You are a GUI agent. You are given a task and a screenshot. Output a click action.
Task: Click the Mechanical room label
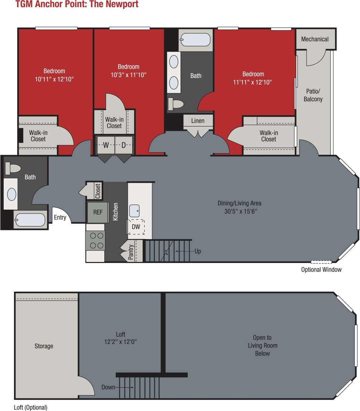[x=315, y=39]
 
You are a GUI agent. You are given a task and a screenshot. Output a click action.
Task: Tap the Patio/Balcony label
[x=313, y=95]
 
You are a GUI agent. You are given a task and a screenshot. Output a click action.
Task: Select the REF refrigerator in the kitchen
[x=98, y=212]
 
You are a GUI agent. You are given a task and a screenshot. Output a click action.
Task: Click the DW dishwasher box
[x=136, y=227]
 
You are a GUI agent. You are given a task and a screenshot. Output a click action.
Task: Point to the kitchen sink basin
[x=134, y=211]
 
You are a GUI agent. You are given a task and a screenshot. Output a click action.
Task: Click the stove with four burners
[x=95, y=240]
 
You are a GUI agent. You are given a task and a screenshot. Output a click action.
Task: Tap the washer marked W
[x=106, y=145]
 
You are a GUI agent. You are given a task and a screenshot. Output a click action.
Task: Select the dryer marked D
[x=124, y=145]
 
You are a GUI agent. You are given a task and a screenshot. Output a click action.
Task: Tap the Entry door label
[x=60, y=217]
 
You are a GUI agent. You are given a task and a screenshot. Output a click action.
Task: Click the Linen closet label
[x=198, y=121]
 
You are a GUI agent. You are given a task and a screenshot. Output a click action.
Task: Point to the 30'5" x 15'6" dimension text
[x=239, y=211]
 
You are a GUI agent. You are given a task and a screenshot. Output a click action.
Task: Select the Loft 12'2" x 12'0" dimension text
[x=120, y=342]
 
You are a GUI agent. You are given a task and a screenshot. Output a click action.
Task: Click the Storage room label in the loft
[x=44, y=346]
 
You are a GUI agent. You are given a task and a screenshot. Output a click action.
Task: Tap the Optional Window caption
[x=321, y=269]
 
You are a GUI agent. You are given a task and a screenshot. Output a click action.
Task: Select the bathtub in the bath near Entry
[x=31, y=220]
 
